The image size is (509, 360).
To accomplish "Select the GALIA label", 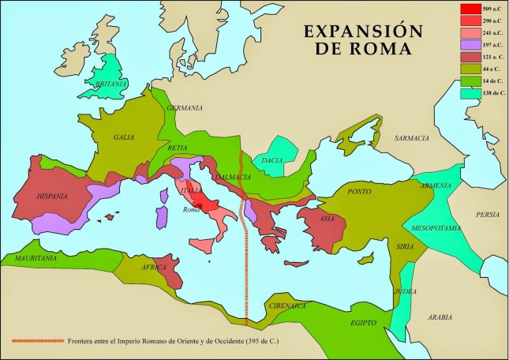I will (x=123, y=137).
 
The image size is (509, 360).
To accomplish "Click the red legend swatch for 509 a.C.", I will (x=470, y=9).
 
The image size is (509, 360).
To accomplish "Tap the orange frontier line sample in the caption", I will (x=38, y=340).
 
